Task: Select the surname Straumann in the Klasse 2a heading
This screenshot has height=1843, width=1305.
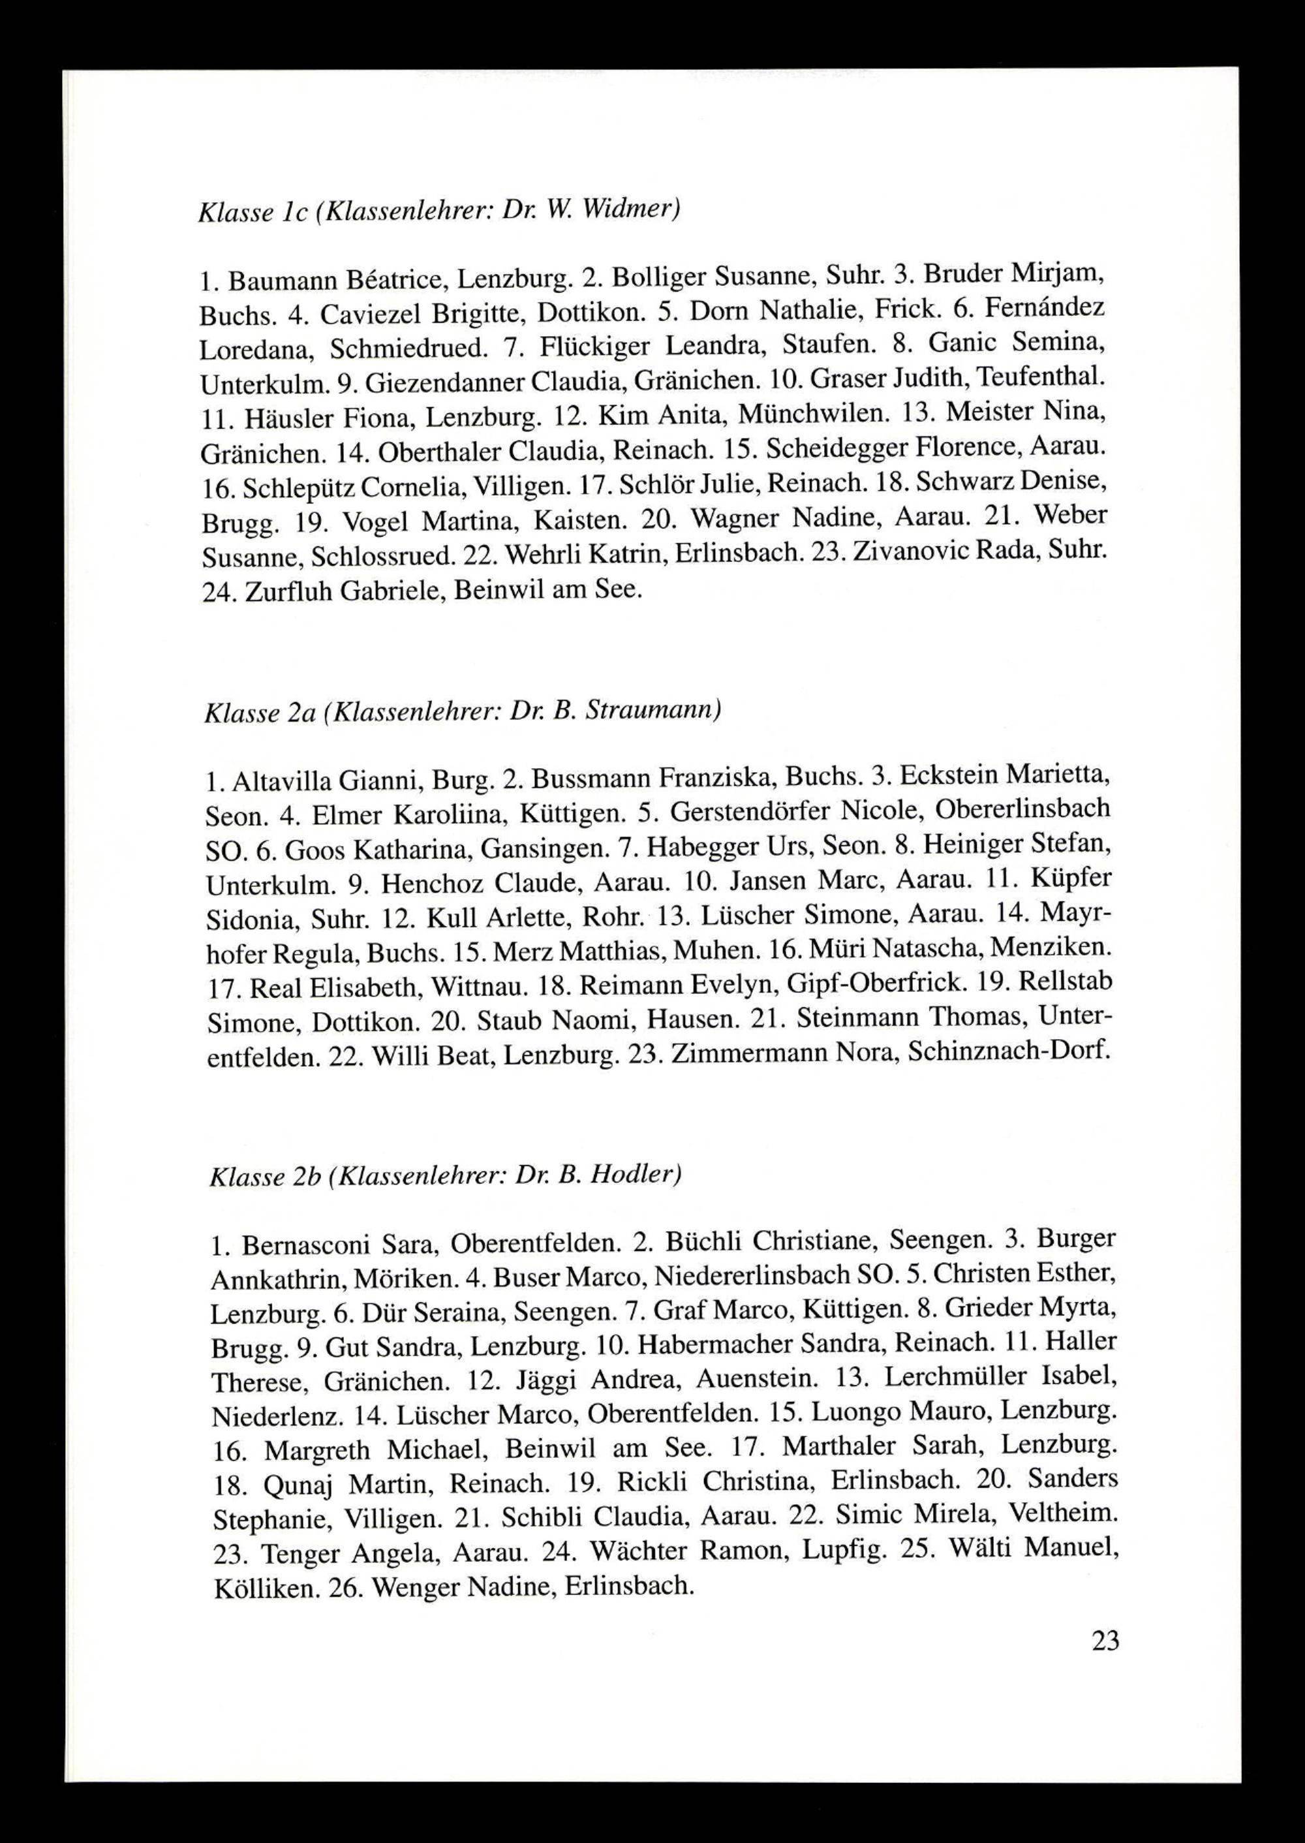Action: [654, 712]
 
